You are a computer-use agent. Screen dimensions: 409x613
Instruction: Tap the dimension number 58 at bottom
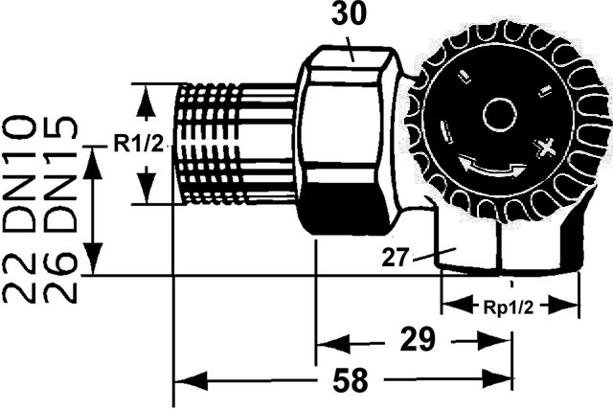(x=352, y=381)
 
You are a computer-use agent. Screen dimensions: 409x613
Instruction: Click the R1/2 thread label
(x=139, y=144)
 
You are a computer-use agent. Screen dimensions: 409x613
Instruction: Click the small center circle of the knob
(x=498, y=117)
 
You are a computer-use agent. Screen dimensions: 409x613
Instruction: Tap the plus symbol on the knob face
(x=548, y=149)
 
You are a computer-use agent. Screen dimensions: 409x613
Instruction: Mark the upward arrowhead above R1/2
(x=145, y=96)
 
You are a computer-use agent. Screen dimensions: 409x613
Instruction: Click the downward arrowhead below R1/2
(x=145, y=192)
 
